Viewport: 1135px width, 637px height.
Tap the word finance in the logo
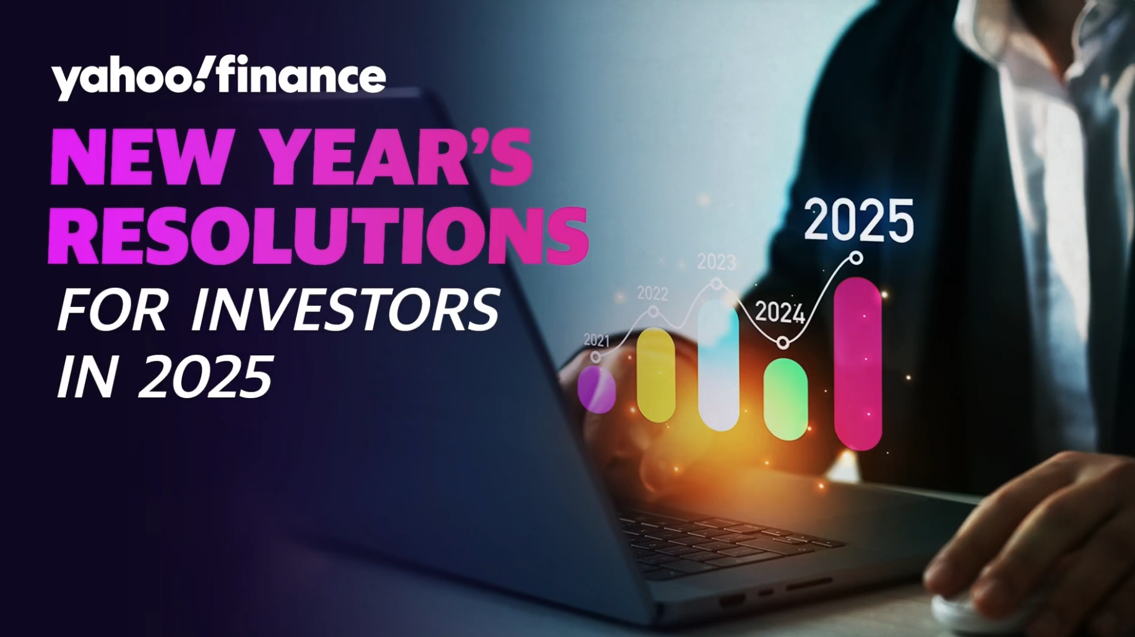point(301,74)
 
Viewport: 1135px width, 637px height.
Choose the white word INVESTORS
point(345,310)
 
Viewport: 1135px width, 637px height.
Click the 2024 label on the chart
point(779,313)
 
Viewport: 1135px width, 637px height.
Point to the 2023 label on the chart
point(716,262)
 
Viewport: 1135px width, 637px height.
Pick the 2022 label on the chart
point(652,293)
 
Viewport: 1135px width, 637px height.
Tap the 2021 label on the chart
point(596,340)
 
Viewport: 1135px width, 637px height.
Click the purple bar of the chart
point(597,389)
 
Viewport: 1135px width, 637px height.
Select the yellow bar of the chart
point(655,375)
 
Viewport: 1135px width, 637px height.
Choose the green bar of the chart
point(786,399)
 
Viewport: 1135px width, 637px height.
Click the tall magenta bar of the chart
point(858,363)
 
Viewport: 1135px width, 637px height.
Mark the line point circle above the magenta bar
point(857,258)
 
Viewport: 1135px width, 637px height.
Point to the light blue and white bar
point(719,365)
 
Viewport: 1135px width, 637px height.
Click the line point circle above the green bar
point(783,342)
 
